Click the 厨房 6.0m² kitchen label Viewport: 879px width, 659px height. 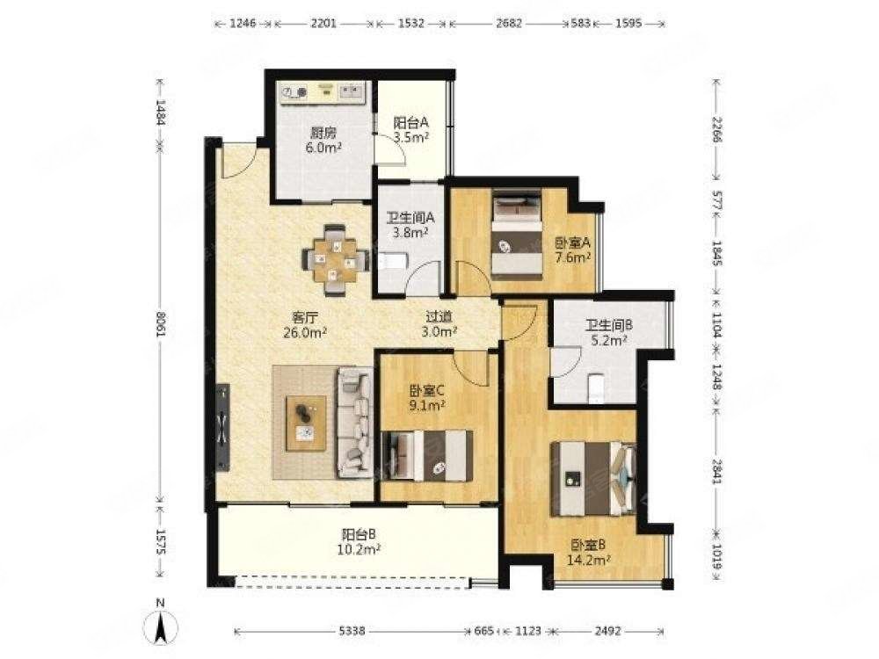(324, 141)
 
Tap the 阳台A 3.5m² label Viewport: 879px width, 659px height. (410, 129)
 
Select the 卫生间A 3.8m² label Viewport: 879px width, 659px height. (410, 224)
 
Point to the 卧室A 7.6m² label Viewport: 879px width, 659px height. (573, 250)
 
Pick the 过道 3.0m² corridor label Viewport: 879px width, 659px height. (439, 324)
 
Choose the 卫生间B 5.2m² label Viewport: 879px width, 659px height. (609, 332)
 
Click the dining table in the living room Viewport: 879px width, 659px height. (335, 259)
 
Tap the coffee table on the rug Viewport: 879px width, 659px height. (306, 424)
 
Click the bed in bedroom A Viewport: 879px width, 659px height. (517, 235)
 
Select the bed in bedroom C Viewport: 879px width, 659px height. (427, 455)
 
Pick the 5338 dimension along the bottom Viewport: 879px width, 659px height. (352, 631)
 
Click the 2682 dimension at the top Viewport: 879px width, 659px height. (509, 24)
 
